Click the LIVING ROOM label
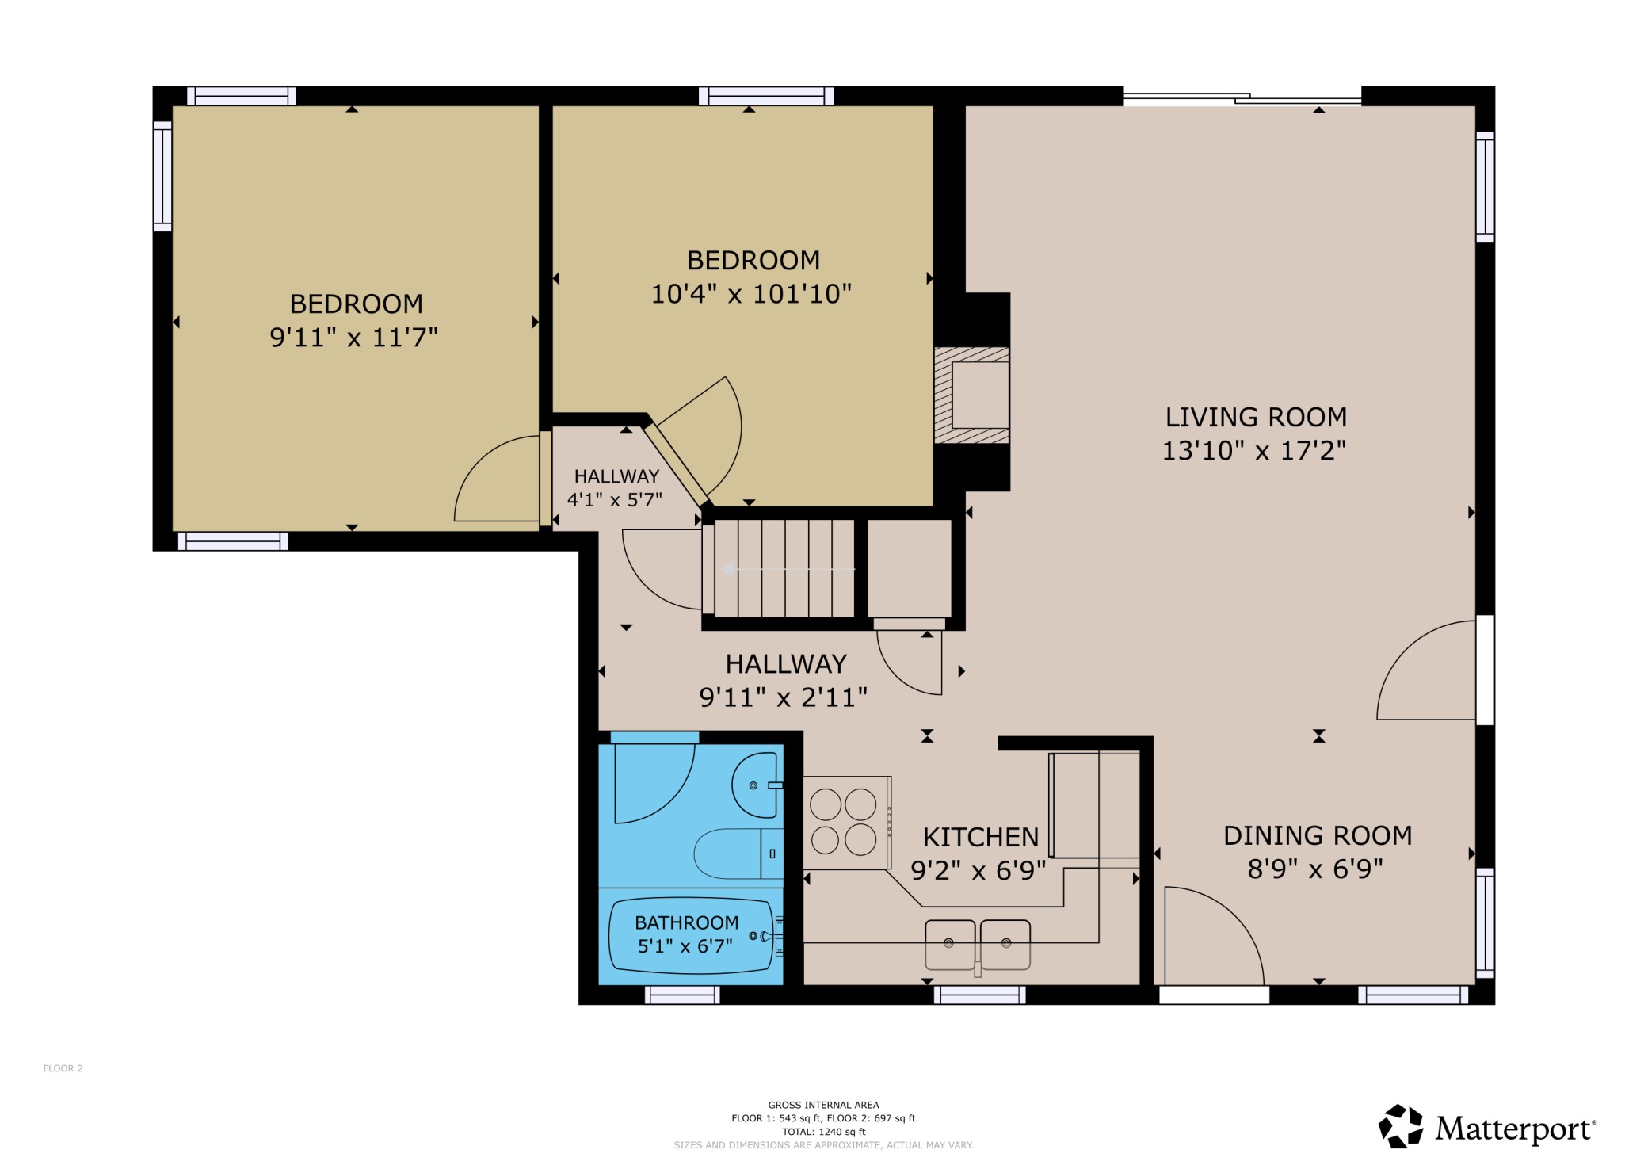point(1256,417)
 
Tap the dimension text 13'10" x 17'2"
point(1254,450)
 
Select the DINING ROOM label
point(1318,835)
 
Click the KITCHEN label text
point(981,837)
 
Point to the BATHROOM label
point(687,922)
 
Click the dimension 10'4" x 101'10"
point(751,294)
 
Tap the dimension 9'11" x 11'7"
point(353,338)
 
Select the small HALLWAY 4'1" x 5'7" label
point(616,487)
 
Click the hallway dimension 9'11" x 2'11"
point(783,697)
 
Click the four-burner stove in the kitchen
point(847,823)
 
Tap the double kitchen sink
point(978,945)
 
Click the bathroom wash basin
point(757,785)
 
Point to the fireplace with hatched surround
point(971,395)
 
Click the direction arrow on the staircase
point(788,569)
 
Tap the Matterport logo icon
point(1401,1126)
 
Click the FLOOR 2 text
point(63,1068)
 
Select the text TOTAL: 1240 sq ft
point(824,1132)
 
